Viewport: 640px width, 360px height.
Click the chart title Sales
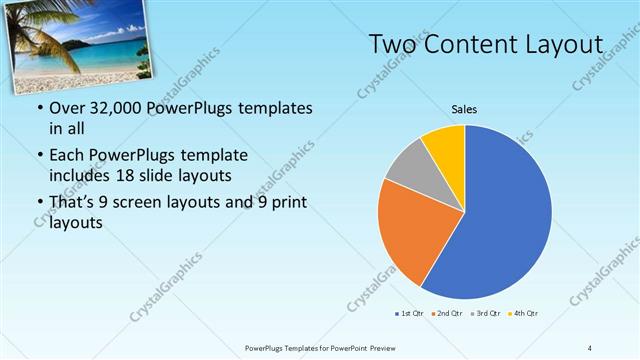coord(464,108)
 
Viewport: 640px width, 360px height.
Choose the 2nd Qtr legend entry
coord(446,314)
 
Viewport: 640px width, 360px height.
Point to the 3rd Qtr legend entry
coord(485,314)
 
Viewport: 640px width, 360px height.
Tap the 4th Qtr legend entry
coord(523,314)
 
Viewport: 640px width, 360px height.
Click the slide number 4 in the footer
coord(590,347)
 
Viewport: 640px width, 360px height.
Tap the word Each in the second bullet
coord(67,156)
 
